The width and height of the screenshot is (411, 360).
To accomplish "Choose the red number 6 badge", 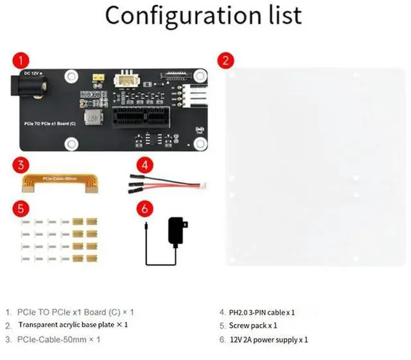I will pos(144,209).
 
